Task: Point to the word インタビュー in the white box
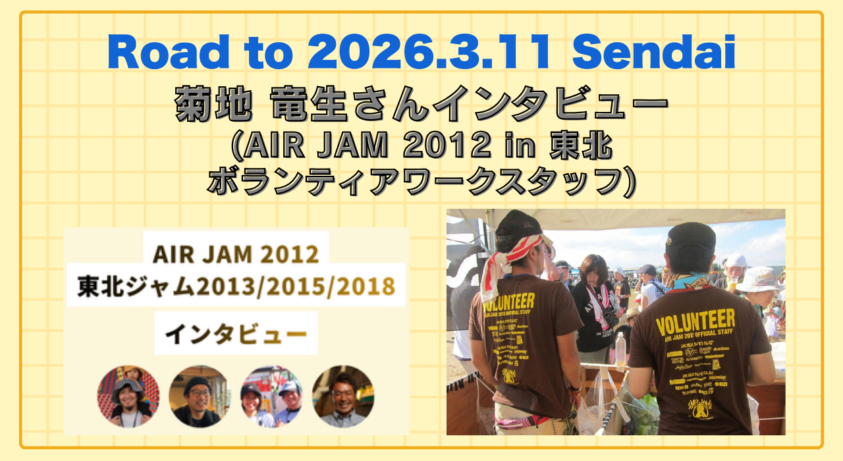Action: point(235,333)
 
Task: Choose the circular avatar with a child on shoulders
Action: point(128,396)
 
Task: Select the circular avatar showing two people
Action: point(271,396)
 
